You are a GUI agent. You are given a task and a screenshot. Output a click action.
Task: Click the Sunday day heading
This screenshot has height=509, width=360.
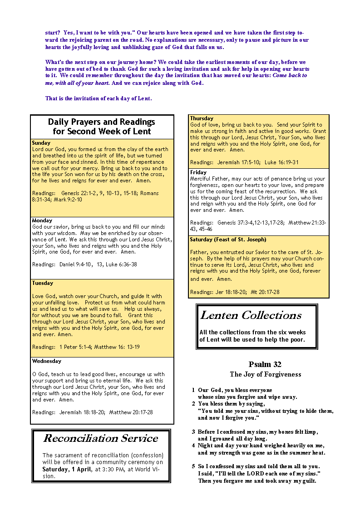(x=41, y=143)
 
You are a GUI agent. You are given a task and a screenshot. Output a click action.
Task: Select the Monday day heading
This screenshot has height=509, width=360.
(x=42, y=220)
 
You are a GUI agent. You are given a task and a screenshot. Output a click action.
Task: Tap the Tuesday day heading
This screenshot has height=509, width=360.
(x=43, y=283)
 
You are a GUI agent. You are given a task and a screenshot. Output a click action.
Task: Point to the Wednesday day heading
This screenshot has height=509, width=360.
(x=46, y=361)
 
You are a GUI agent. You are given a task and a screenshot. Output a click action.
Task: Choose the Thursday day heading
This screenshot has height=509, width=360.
(x=202, y=118)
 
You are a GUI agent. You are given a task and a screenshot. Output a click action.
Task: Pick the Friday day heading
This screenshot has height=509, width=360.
(x=198, y=172)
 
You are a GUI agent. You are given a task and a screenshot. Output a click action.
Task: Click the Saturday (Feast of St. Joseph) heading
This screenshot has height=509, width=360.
(x=228, y=240)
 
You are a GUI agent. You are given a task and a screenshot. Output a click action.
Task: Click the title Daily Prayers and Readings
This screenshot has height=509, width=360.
(x=102, y=127)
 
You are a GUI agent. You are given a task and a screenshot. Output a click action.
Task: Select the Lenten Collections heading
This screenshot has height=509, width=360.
(x=251, y=315)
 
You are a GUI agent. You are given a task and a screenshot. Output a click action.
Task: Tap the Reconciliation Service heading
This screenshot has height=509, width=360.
(x=100, y=438)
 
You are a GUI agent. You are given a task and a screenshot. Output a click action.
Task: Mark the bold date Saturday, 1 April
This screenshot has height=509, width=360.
(x=67, y=469)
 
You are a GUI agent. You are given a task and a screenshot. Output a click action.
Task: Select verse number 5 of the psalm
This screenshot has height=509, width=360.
(x=193, y=466)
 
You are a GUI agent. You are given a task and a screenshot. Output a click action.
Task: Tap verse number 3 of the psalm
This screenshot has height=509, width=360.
(x=193, y=432)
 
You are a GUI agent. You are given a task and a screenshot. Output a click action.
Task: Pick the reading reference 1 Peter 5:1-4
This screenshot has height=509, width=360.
(x=76, y=347)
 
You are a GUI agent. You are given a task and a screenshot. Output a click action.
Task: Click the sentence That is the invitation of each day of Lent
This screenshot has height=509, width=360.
(x=99, y=98)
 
